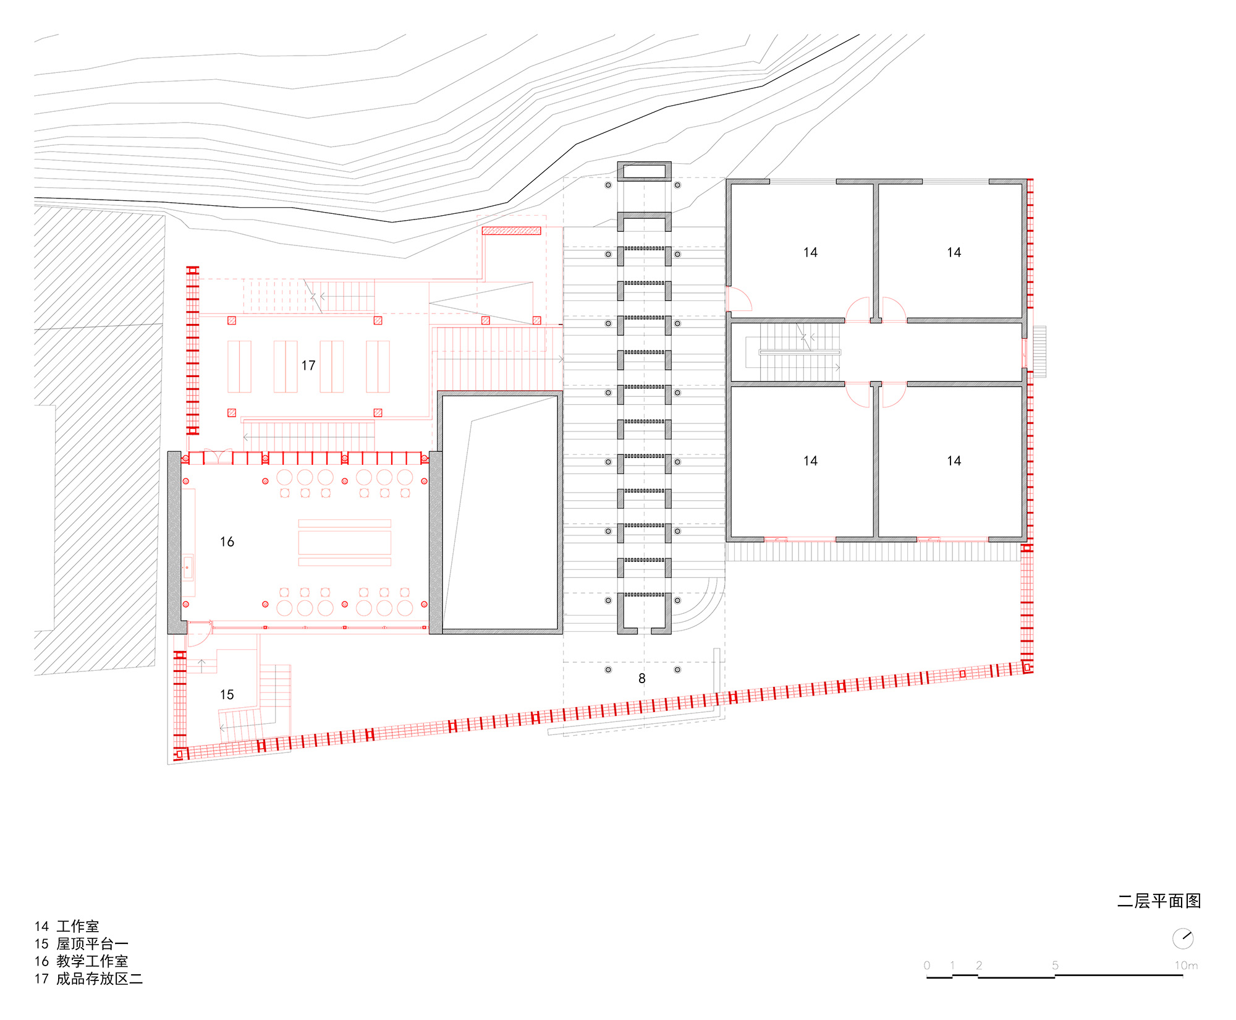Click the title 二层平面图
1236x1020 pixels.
(1159, 901)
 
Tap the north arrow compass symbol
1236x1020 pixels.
(1183, 938)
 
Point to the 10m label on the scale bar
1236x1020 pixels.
(1186, 966)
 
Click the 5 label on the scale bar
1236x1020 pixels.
(1055, 966)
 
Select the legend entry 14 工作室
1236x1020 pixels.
(67, 926)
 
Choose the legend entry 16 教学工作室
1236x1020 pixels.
(82, 961)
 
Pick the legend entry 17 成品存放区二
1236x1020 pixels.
(88, 979)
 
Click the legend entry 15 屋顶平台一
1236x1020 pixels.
(82, 944)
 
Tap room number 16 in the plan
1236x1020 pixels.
(227, 542)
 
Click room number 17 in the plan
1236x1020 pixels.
(308, 365)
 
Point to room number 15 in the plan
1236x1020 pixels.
(227, 695)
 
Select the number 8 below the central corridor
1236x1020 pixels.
(642, 679)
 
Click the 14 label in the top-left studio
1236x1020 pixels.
(810, 252)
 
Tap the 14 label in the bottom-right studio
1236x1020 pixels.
(954, 461)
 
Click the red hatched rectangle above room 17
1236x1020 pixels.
(512, 231)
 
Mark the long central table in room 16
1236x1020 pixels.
(345, 543)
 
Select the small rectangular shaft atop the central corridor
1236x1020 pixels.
(644, 171)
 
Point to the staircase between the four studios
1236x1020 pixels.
(793, 352)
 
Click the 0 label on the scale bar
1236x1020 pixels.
(926, 966)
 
